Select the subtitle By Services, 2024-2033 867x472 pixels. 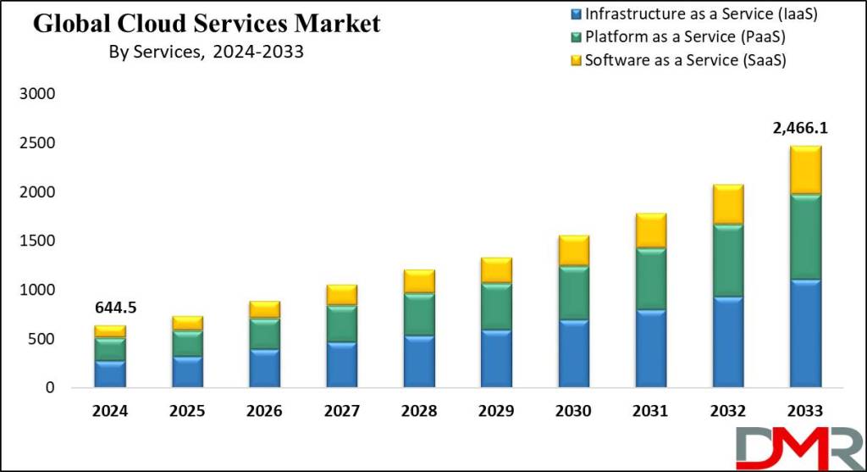pyautogui.click(x=206, y=52)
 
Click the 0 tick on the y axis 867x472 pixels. pyautogui.click(x=49, y=388)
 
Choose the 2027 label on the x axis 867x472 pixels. pyautogui.click(x=342, y=411)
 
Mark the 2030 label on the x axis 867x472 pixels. pyautogui.click(x=573, y=411)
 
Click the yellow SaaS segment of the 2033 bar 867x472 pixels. pyautogui.click(x=805, y=170)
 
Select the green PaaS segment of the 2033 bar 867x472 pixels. pyautogui.click(x=805, y=237)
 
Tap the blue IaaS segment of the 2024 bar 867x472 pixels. pyautogui.click(x=110, y=375)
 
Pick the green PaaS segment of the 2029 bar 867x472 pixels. pyautogui.click(x=496, y=307)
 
